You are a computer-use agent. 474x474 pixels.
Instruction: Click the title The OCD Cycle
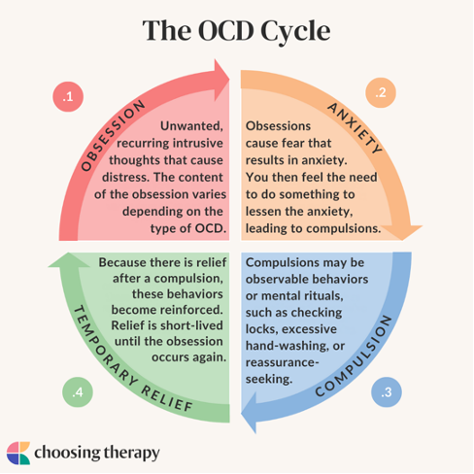(x=237, y=30)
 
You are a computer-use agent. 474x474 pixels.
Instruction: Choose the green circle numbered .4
(x=77, y=392)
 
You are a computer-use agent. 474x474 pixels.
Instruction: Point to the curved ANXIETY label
(x=359, y=129)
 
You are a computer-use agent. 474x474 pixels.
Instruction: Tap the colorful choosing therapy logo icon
(x=18, y=452)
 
